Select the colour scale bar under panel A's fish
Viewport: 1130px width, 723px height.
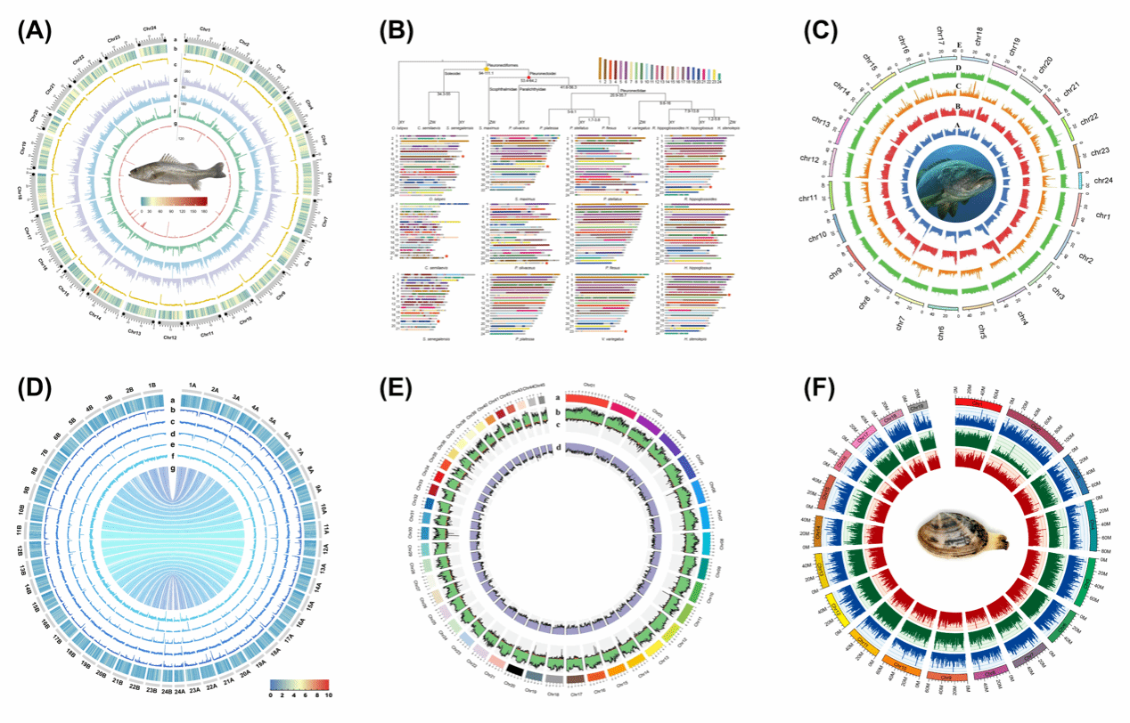tap(174, 200)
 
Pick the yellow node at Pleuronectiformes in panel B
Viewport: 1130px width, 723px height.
tap(485, 68)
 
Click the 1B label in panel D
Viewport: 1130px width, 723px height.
tap(151, 386)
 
